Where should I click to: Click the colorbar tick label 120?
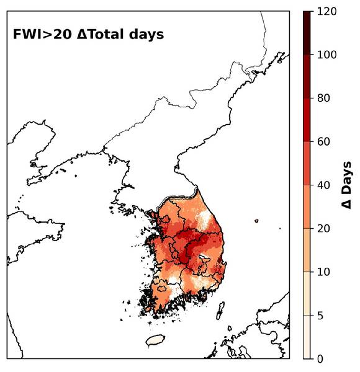coord(326,11)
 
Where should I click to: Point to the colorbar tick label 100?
coord(326,55)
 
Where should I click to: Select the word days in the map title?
coord(146,34)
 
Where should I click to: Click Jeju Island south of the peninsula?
coord(155,340)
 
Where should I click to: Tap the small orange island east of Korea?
coord(256,220)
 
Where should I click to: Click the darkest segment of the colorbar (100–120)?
coord(307,33)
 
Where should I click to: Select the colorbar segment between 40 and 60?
coord(307,163)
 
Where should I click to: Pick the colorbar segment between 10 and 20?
coord(307,250)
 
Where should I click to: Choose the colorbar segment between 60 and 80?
coord(307,120)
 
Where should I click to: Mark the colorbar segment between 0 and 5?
coord(307,337)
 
